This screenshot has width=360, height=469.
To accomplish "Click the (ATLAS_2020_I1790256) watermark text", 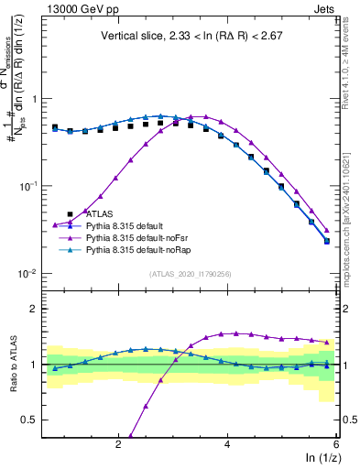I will tap(190, 274).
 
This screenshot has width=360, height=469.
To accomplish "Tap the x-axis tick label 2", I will tap(118, 444).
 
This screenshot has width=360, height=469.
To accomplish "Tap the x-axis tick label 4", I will tap(227, 444).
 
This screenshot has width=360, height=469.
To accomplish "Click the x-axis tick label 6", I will tap(336, 444).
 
